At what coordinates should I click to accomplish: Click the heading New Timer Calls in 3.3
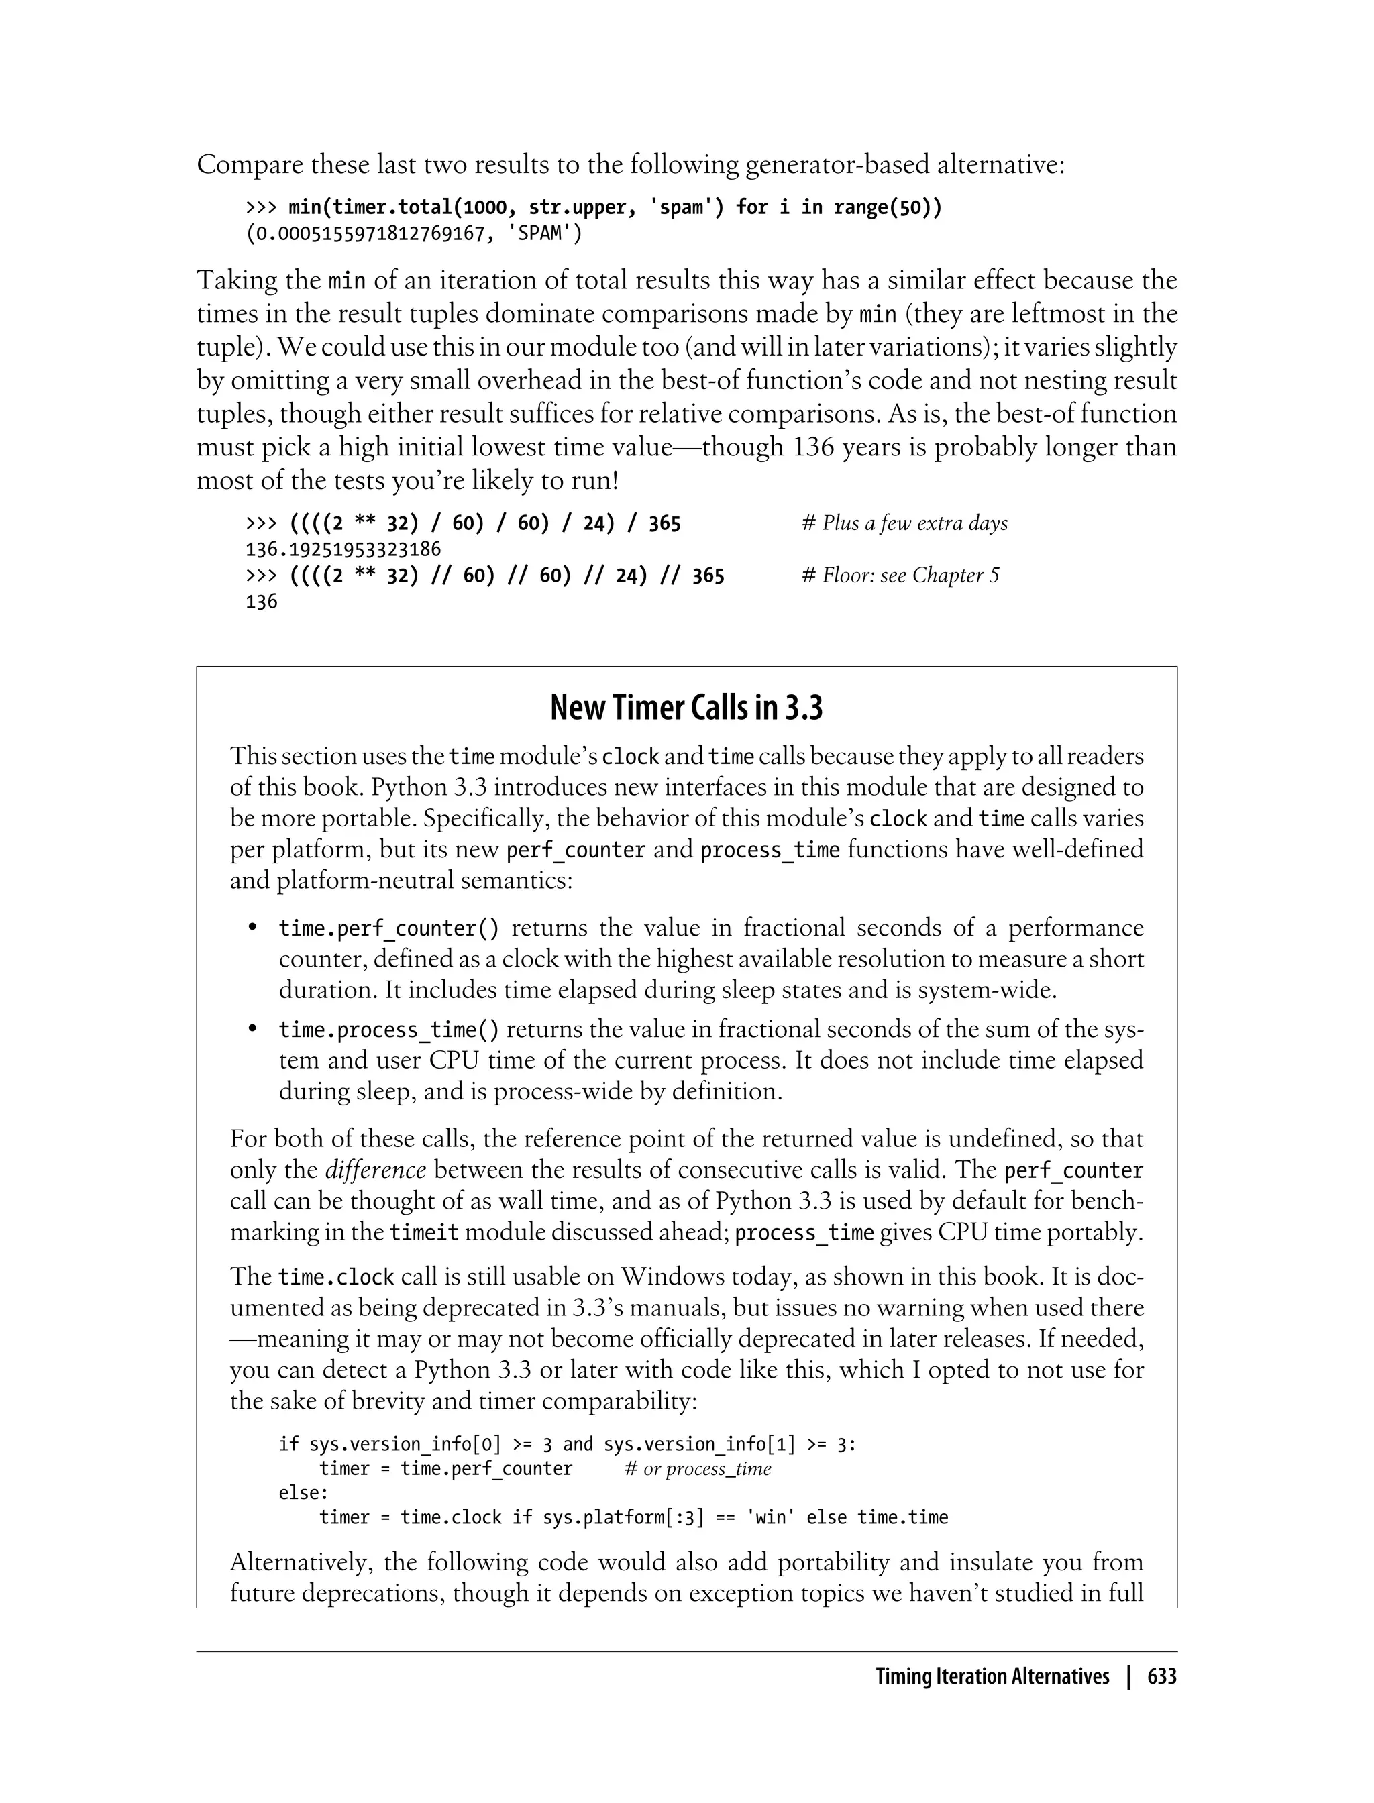point(686,707)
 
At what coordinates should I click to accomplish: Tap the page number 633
point(1161,1676)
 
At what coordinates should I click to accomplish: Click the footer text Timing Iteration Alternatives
point(992,1676)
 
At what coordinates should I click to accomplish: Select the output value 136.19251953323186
point(343,549)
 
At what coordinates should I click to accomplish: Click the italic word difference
point(376,1170)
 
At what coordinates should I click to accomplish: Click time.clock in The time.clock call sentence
point(336,1277)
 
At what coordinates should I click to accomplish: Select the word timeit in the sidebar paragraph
point(423,1232)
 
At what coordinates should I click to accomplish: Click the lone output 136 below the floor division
point(262,602)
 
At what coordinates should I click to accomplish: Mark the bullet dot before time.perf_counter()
point(253,928)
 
